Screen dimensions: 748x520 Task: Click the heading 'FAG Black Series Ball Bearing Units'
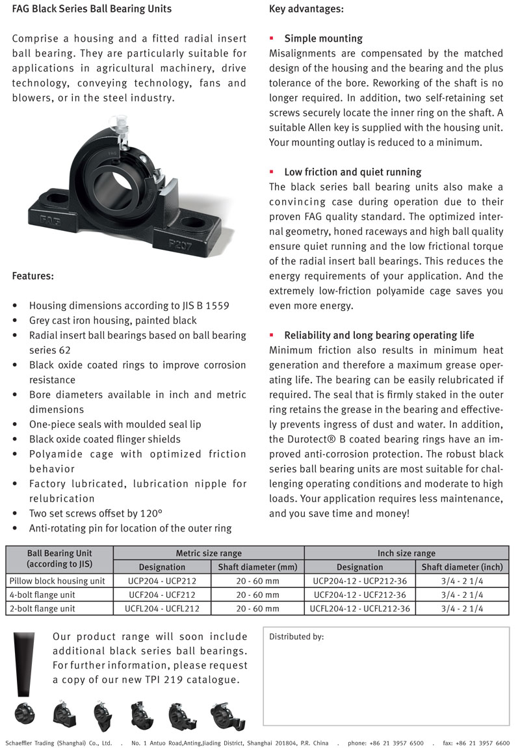tap(92, 9)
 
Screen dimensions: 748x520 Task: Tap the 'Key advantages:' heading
tap(306, 9)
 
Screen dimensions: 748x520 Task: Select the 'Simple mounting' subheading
tap(323, 38)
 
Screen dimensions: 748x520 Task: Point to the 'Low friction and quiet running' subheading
tap(352, 172)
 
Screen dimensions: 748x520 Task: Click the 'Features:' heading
tap(33, 276)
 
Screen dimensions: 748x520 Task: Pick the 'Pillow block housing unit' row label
tap(57, 581)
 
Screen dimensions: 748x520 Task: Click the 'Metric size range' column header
tap(209, 553)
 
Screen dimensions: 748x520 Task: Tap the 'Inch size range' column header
tap(406, 553)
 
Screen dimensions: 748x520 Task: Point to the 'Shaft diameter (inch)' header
tap(462, 567)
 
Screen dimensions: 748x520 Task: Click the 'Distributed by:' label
tap(296, 637)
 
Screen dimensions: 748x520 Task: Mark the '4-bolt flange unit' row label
tap(42, 594)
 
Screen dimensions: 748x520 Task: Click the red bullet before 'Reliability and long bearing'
tap(272, 336)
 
